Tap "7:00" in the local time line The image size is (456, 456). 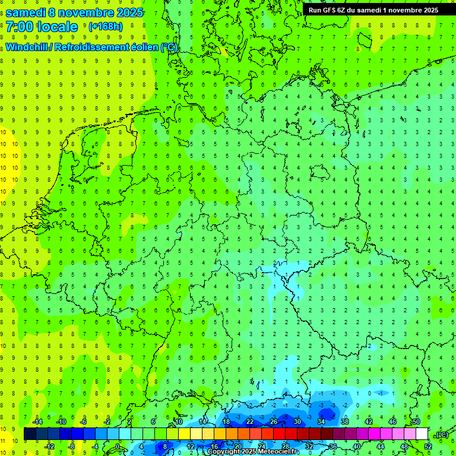pyautogui.click(x=19, y=27)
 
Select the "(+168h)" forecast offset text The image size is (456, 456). pyautogui.click(x=105, y=27)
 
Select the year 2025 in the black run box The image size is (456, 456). pyautogui.click(x=427, y=10)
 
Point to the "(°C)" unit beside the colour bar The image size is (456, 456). pyautogui.click(x=441, y=435)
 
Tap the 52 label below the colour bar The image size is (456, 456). pyautogui.click(x=428, y=446)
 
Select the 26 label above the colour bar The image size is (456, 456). pyautogui.click(x=274, y=422)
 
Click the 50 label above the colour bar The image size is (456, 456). pyautogui.click(x=416, y=422)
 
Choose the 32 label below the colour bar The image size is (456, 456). pyautogui.click(x=309, y=446)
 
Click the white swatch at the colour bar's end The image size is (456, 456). pyautogui.click(x=422, y=434)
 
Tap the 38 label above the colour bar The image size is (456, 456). pyautogui.click(x=345, y=422)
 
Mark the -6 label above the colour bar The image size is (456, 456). pyautogui.click(x=84, y=422)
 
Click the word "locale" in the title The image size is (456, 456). pyautogui.click(x=58, y=27)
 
